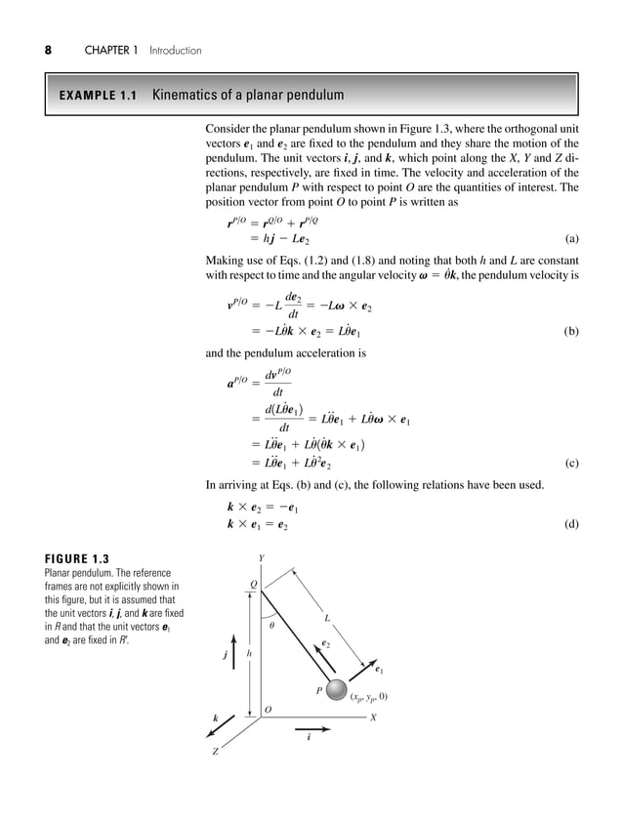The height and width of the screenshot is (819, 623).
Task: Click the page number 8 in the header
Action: pos(47,50)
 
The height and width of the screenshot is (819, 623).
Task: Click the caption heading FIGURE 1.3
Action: pos(71,559)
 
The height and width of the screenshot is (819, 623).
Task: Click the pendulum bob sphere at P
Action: pos(337,691)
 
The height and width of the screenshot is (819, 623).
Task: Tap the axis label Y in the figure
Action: pos(260,557)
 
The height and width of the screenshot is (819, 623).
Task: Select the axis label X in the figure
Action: pos(373,717)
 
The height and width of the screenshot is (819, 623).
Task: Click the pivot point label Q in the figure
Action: pos(253,586)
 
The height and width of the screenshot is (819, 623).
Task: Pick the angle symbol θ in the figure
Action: pos(271,626)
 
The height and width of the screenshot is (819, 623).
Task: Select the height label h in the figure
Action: pos(248,653)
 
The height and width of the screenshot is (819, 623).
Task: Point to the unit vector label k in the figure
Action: pos(215,718)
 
